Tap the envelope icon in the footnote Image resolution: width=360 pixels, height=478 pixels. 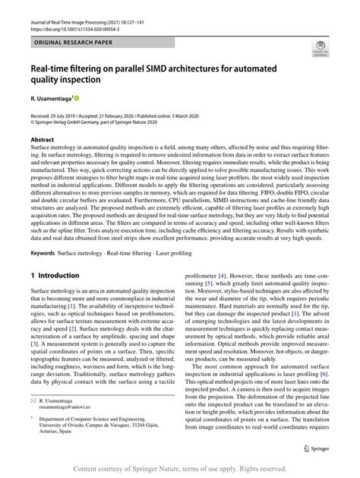coord(33,400)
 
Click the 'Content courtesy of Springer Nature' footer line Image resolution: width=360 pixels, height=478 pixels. coord(179,468)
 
